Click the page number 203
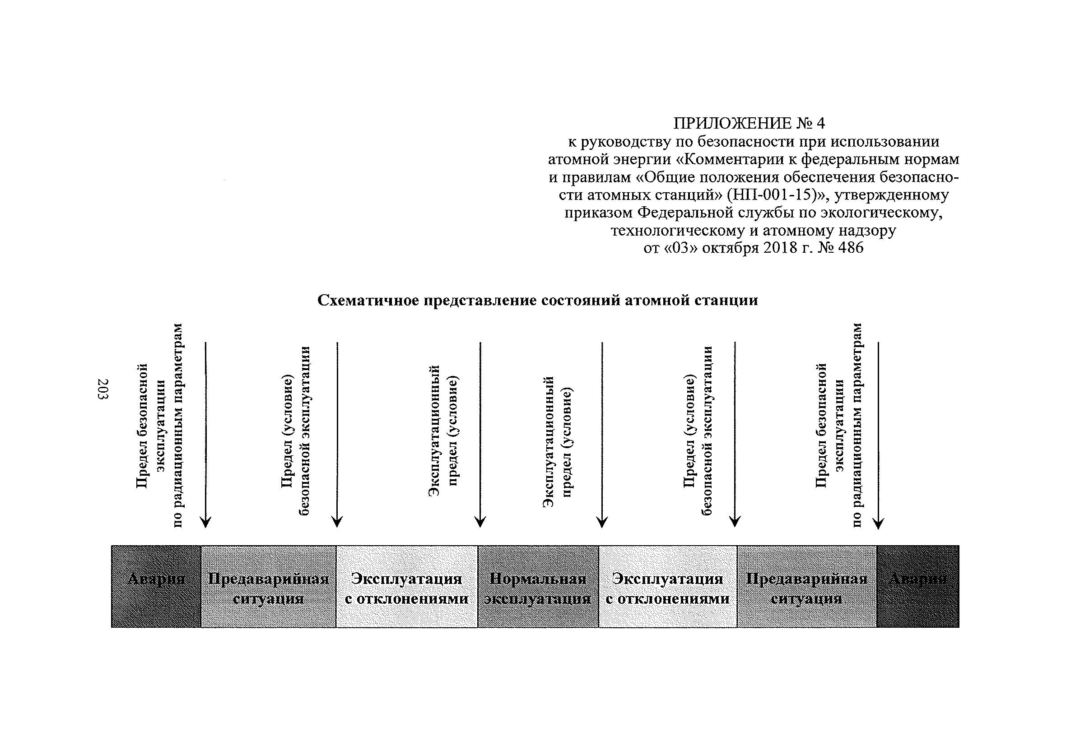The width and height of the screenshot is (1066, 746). click(103, 389)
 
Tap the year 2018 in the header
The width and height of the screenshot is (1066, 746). click(778, 248)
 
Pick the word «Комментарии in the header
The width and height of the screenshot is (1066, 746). click(725, 159)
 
